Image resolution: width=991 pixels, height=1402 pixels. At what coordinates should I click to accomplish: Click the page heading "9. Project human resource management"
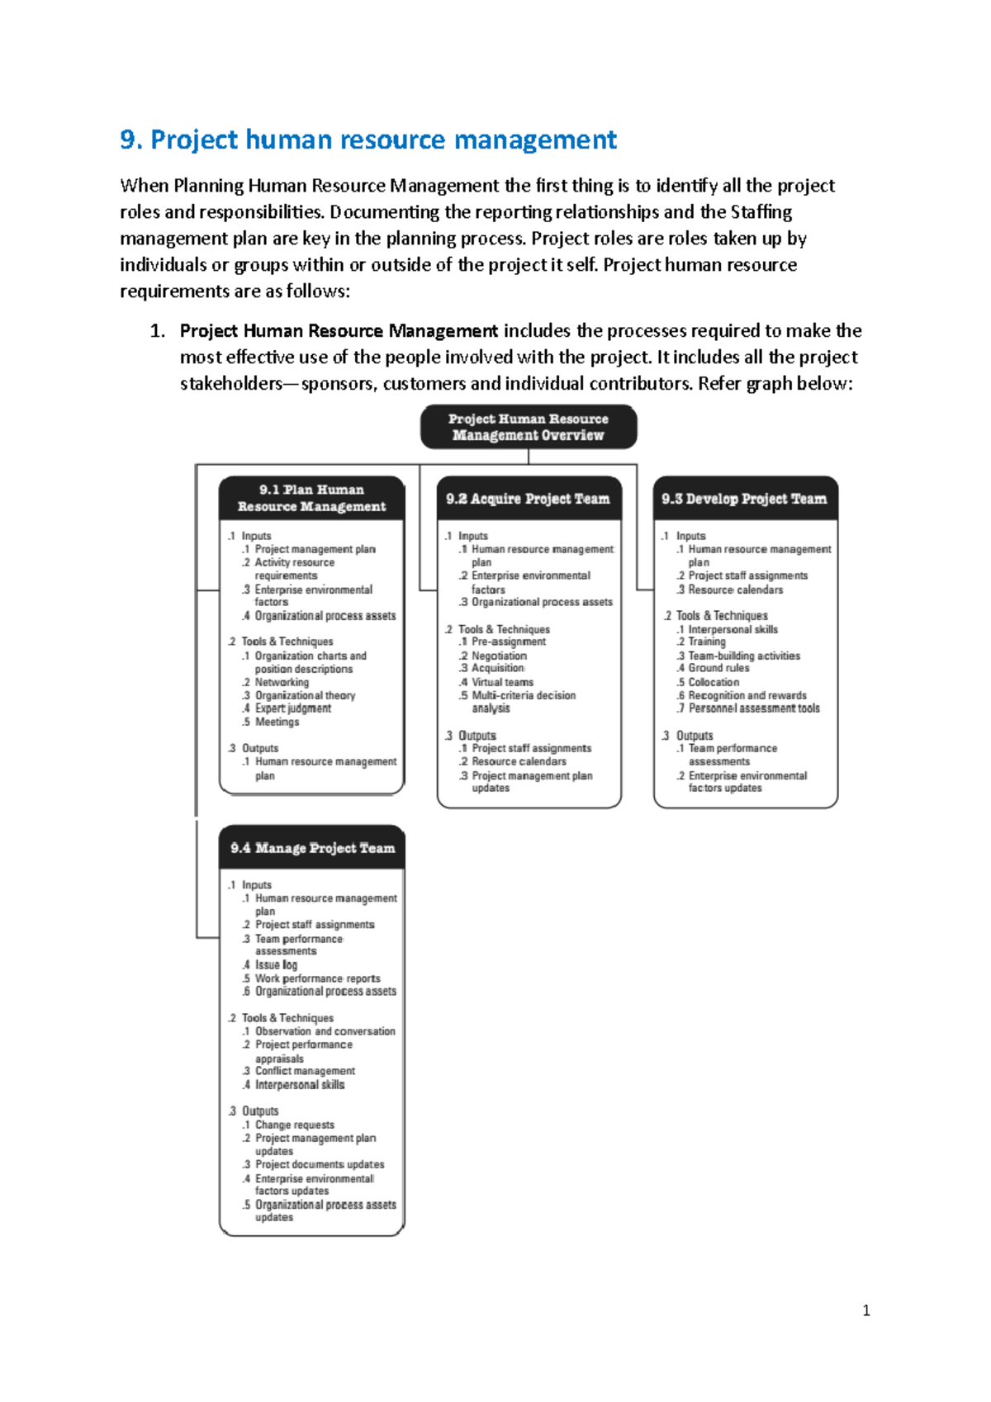368,140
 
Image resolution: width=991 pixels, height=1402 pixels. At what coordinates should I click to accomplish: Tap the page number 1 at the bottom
865,1310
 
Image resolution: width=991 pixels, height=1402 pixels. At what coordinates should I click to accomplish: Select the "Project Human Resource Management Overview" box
529,427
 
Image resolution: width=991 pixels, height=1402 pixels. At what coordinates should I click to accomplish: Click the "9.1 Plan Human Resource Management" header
311,498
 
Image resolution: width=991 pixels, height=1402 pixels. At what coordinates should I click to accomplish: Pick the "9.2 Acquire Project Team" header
529,499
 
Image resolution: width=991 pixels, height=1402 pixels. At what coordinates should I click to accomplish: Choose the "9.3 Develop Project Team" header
745,499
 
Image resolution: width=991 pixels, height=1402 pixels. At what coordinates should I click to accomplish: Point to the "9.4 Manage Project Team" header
312,848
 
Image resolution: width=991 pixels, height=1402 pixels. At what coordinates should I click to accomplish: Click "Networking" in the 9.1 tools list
282,683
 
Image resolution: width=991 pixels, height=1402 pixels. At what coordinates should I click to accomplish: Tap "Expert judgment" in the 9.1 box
293,708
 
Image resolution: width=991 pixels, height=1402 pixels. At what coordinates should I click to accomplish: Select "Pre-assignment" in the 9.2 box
509,642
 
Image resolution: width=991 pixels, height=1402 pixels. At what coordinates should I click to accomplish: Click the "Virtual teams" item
502,683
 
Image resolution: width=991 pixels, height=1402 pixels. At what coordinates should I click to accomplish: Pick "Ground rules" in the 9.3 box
718,668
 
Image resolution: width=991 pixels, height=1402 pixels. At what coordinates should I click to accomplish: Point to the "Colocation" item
714,683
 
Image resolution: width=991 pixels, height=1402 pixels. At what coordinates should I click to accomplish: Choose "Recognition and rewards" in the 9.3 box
747,696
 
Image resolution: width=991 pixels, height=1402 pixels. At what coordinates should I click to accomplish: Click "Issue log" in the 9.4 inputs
276,965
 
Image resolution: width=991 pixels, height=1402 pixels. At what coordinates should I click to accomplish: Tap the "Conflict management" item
305,1071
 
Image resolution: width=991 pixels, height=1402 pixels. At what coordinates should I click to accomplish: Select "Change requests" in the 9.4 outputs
295,1125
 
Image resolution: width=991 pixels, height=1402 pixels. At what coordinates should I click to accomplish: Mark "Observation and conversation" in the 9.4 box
325,1031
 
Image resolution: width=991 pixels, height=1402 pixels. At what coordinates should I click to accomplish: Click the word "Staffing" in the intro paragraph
761,212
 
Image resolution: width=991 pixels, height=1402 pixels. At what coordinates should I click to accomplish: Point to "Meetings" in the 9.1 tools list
277,722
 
